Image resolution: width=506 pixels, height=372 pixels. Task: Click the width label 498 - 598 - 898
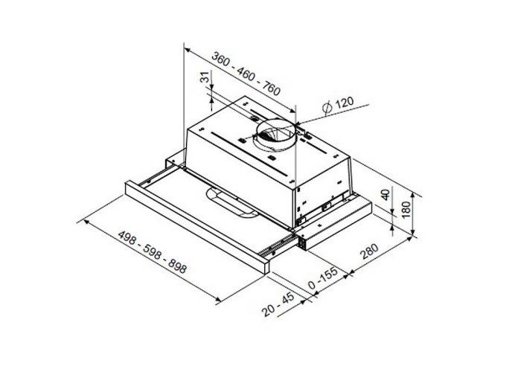(x=153, y=254)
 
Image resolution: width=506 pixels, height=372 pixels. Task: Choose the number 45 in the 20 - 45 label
(x=288, y=300)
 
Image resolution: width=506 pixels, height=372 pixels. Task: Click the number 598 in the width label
(x=153, y=254)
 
